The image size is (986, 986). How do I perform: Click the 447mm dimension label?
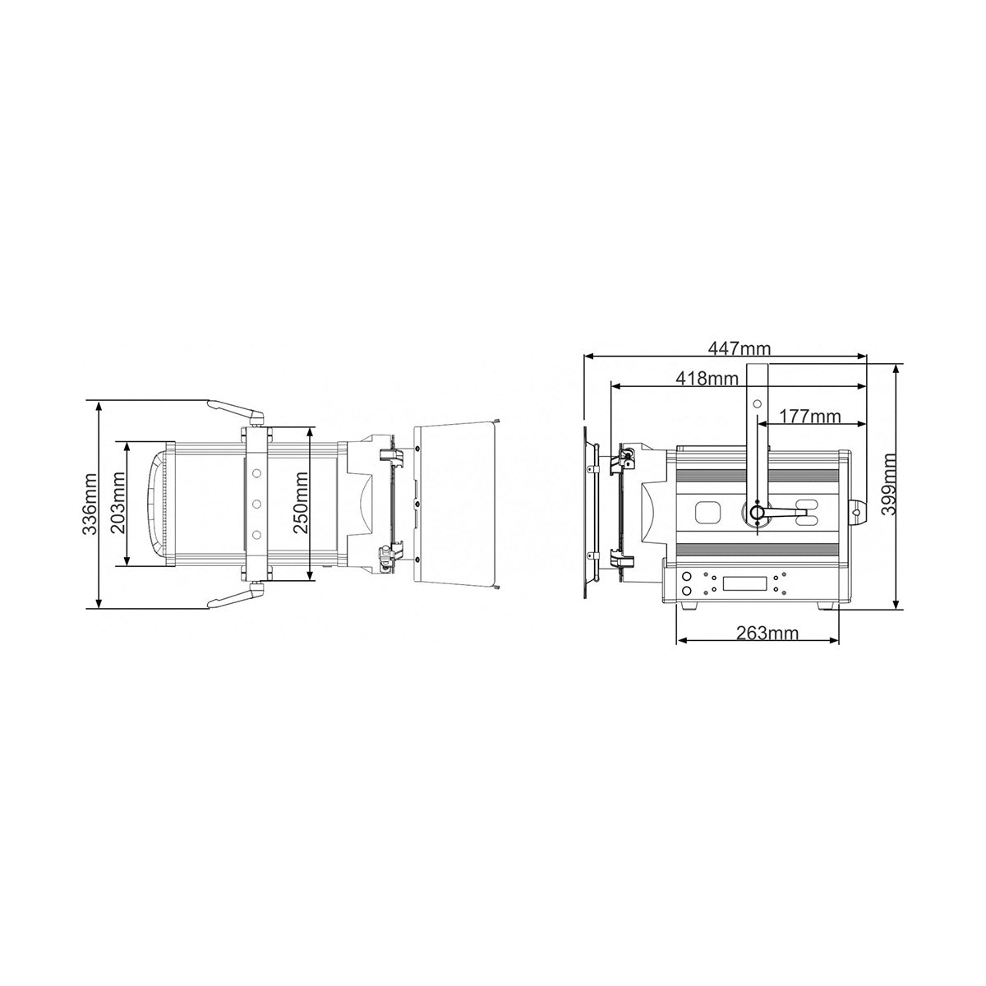739,348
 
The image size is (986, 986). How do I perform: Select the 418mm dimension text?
707,378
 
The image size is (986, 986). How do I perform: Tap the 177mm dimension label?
809,417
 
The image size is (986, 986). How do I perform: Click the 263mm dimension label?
767,633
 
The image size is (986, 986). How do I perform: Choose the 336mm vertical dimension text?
90,504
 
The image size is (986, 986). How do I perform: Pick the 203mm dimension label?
118,503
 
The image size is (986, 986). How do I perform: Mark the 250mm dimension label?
301,503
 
